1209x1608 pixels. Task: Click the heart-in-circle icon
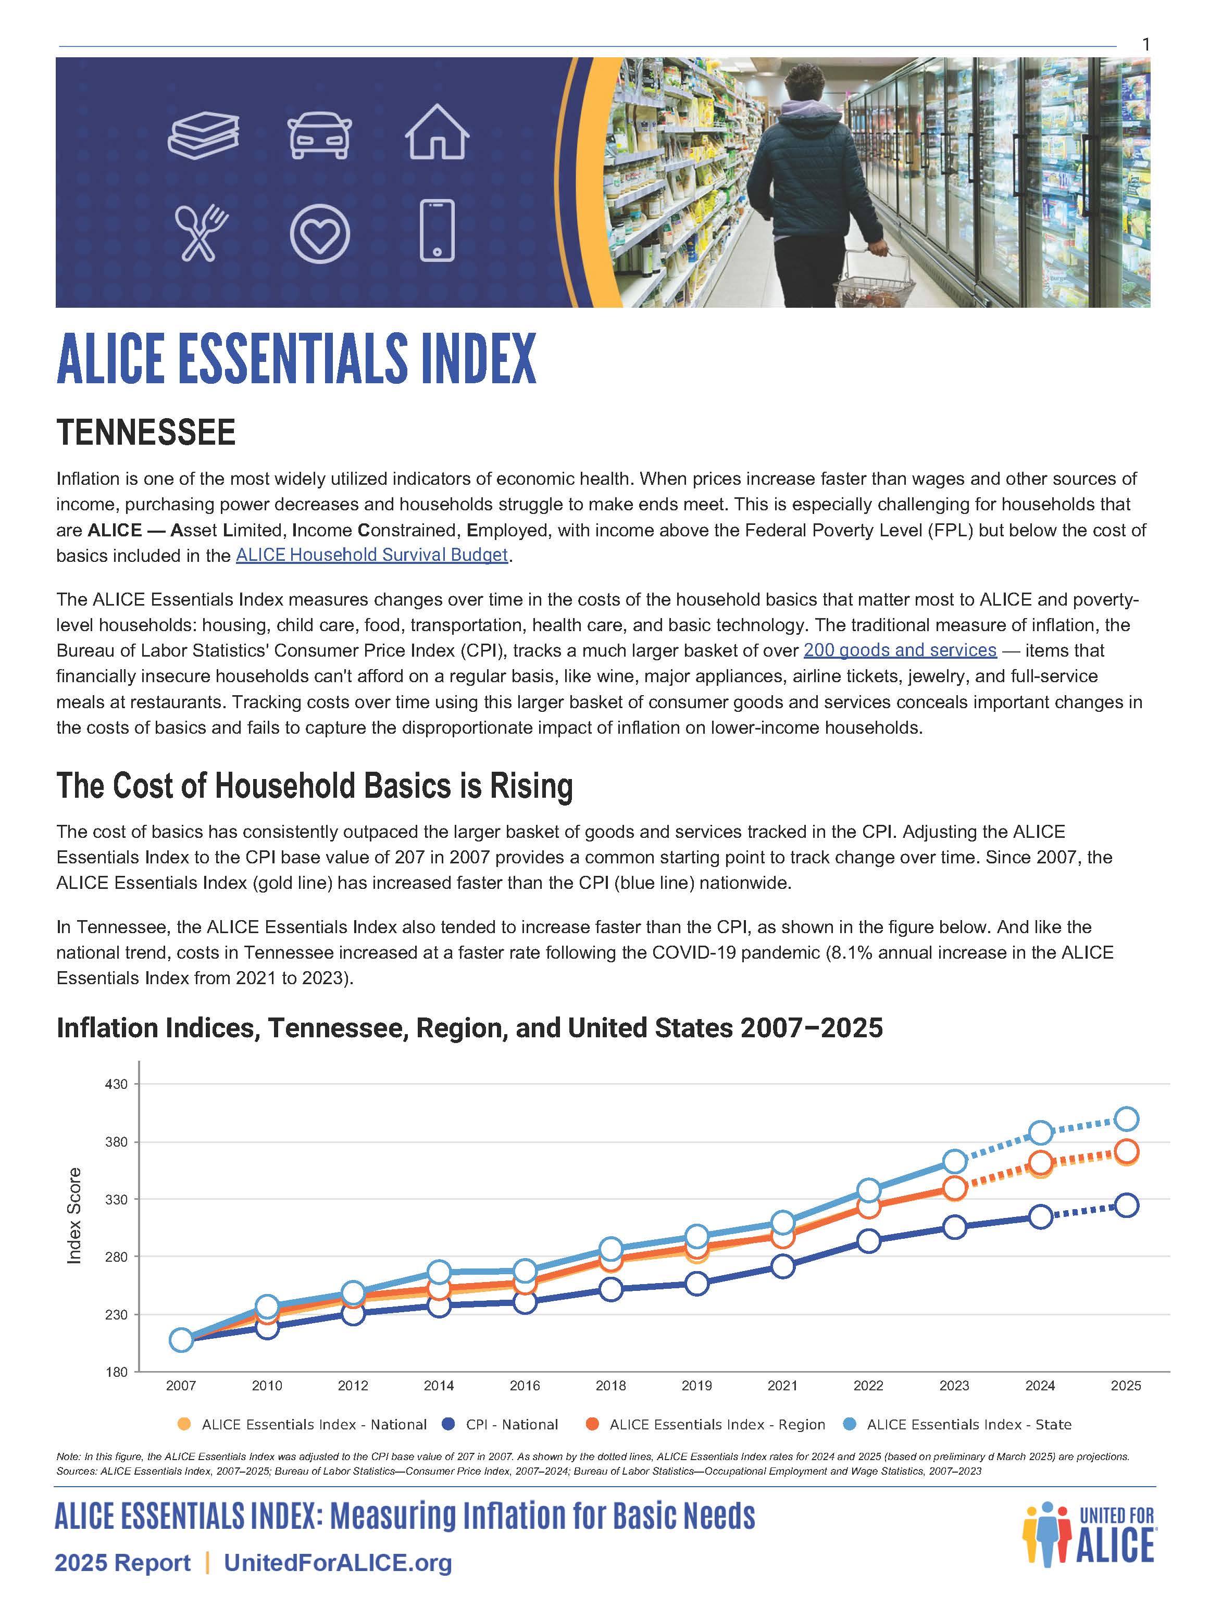click(319, 233)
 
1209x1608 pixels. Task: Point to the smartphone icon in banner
click(437, 231)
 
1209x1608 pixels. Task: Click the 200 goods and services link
click(899, 650)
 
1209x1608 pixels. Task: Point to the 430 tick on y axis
click(116, 1084)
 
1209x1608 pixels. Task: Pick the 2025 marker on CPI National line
click(1125, 1205)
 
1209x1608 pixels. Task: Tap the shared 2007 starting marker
click(181, 1340)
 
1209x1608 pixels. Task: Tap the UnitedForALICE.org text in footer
click(338, 1562)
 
